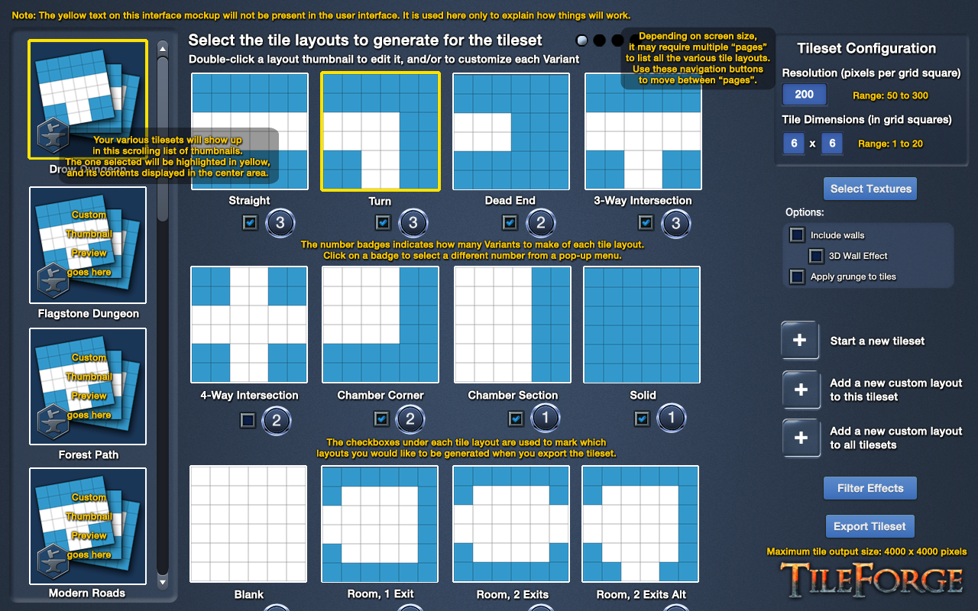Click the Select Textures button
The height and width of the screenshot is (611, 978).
pos(870,189)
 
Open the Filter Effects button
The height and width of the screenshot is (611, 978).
pos(870,488)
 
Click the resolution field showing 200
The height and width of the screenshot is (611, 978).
pos(805,94)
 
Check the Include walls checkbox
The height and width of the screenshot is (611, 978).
pos(797,234)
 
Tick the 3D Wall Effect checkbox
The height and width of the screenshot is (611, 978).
pos(816,256)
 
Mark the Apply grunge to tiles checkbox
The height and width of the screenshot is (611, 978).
pos(797,276)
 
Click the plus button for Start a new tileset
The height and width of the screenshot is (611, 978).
pos(800,340)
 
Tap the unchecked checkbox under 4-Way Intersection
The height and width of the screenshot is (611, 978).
pos(248,420)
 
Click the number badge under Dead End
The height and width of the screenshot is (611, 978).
pos(540,223)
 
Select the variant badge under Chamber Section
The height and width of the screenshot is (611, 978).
pos(545,418)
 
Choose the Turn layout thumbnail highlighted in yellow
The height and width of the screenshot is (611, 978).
pos(381,131)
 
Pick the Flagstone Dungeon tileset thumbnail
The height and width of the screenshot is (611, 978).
pos(88,245)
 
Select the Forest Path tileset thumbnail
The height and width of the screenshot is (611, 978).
pos(88,386)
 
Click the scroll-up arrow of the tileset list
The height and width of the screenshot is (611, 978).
pos(163,48)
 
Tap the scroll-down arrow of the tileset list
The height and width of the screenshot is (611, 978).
pos(163,582)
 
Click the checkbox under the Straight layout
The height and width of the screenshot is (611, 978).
pos(250,223)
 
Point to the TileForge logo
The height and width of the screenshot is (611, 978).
pos(872,579)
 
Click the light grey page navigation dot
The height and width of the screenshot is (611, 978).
pos(581,40)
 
